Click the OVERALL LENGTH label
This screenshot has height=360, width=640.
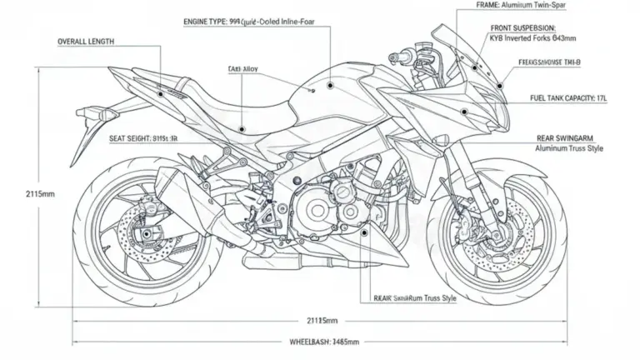click(x=86, y=40)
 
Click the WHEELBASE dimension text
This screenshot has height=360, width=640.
click(x=324, y=342)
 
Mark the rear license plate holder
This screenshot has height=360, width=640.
click(x=86, y=137)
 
